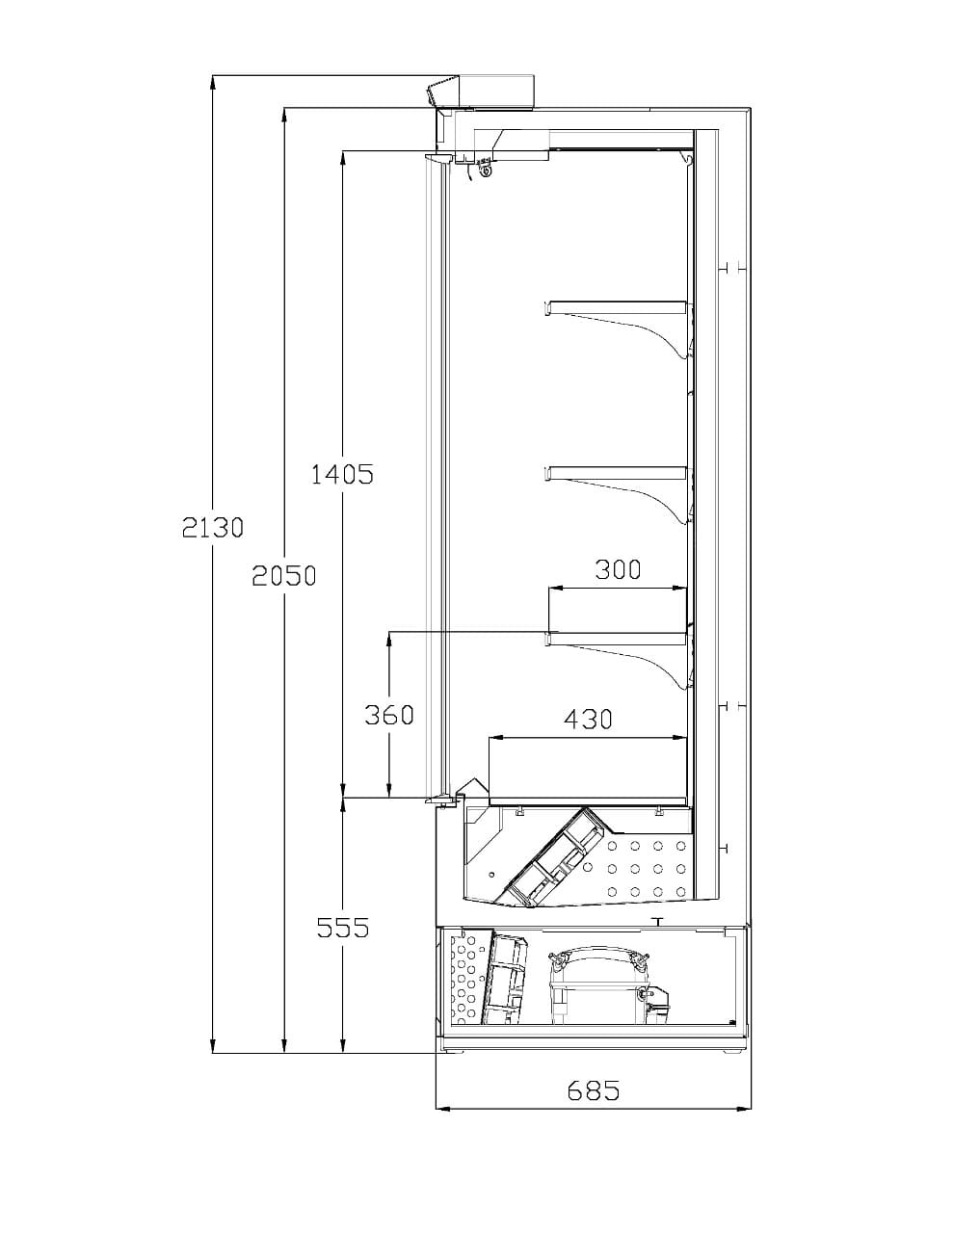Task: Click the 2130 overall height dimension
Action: tap(212, 528)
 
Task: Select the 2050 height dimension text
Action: tap(284, 575)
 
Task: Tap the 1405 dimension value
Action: tap(342, 474)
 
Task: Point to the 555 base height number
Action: tap(343, 929)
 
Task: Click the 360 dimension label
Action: tap(388, 715)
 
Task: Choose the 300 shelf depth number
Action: tap(618, 569)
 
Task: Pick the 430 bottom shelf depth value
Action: tap(588, 720)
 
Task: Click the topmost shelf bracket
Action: tap(618, 328)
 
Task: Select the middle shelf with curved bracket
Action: tap(618, 494)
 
